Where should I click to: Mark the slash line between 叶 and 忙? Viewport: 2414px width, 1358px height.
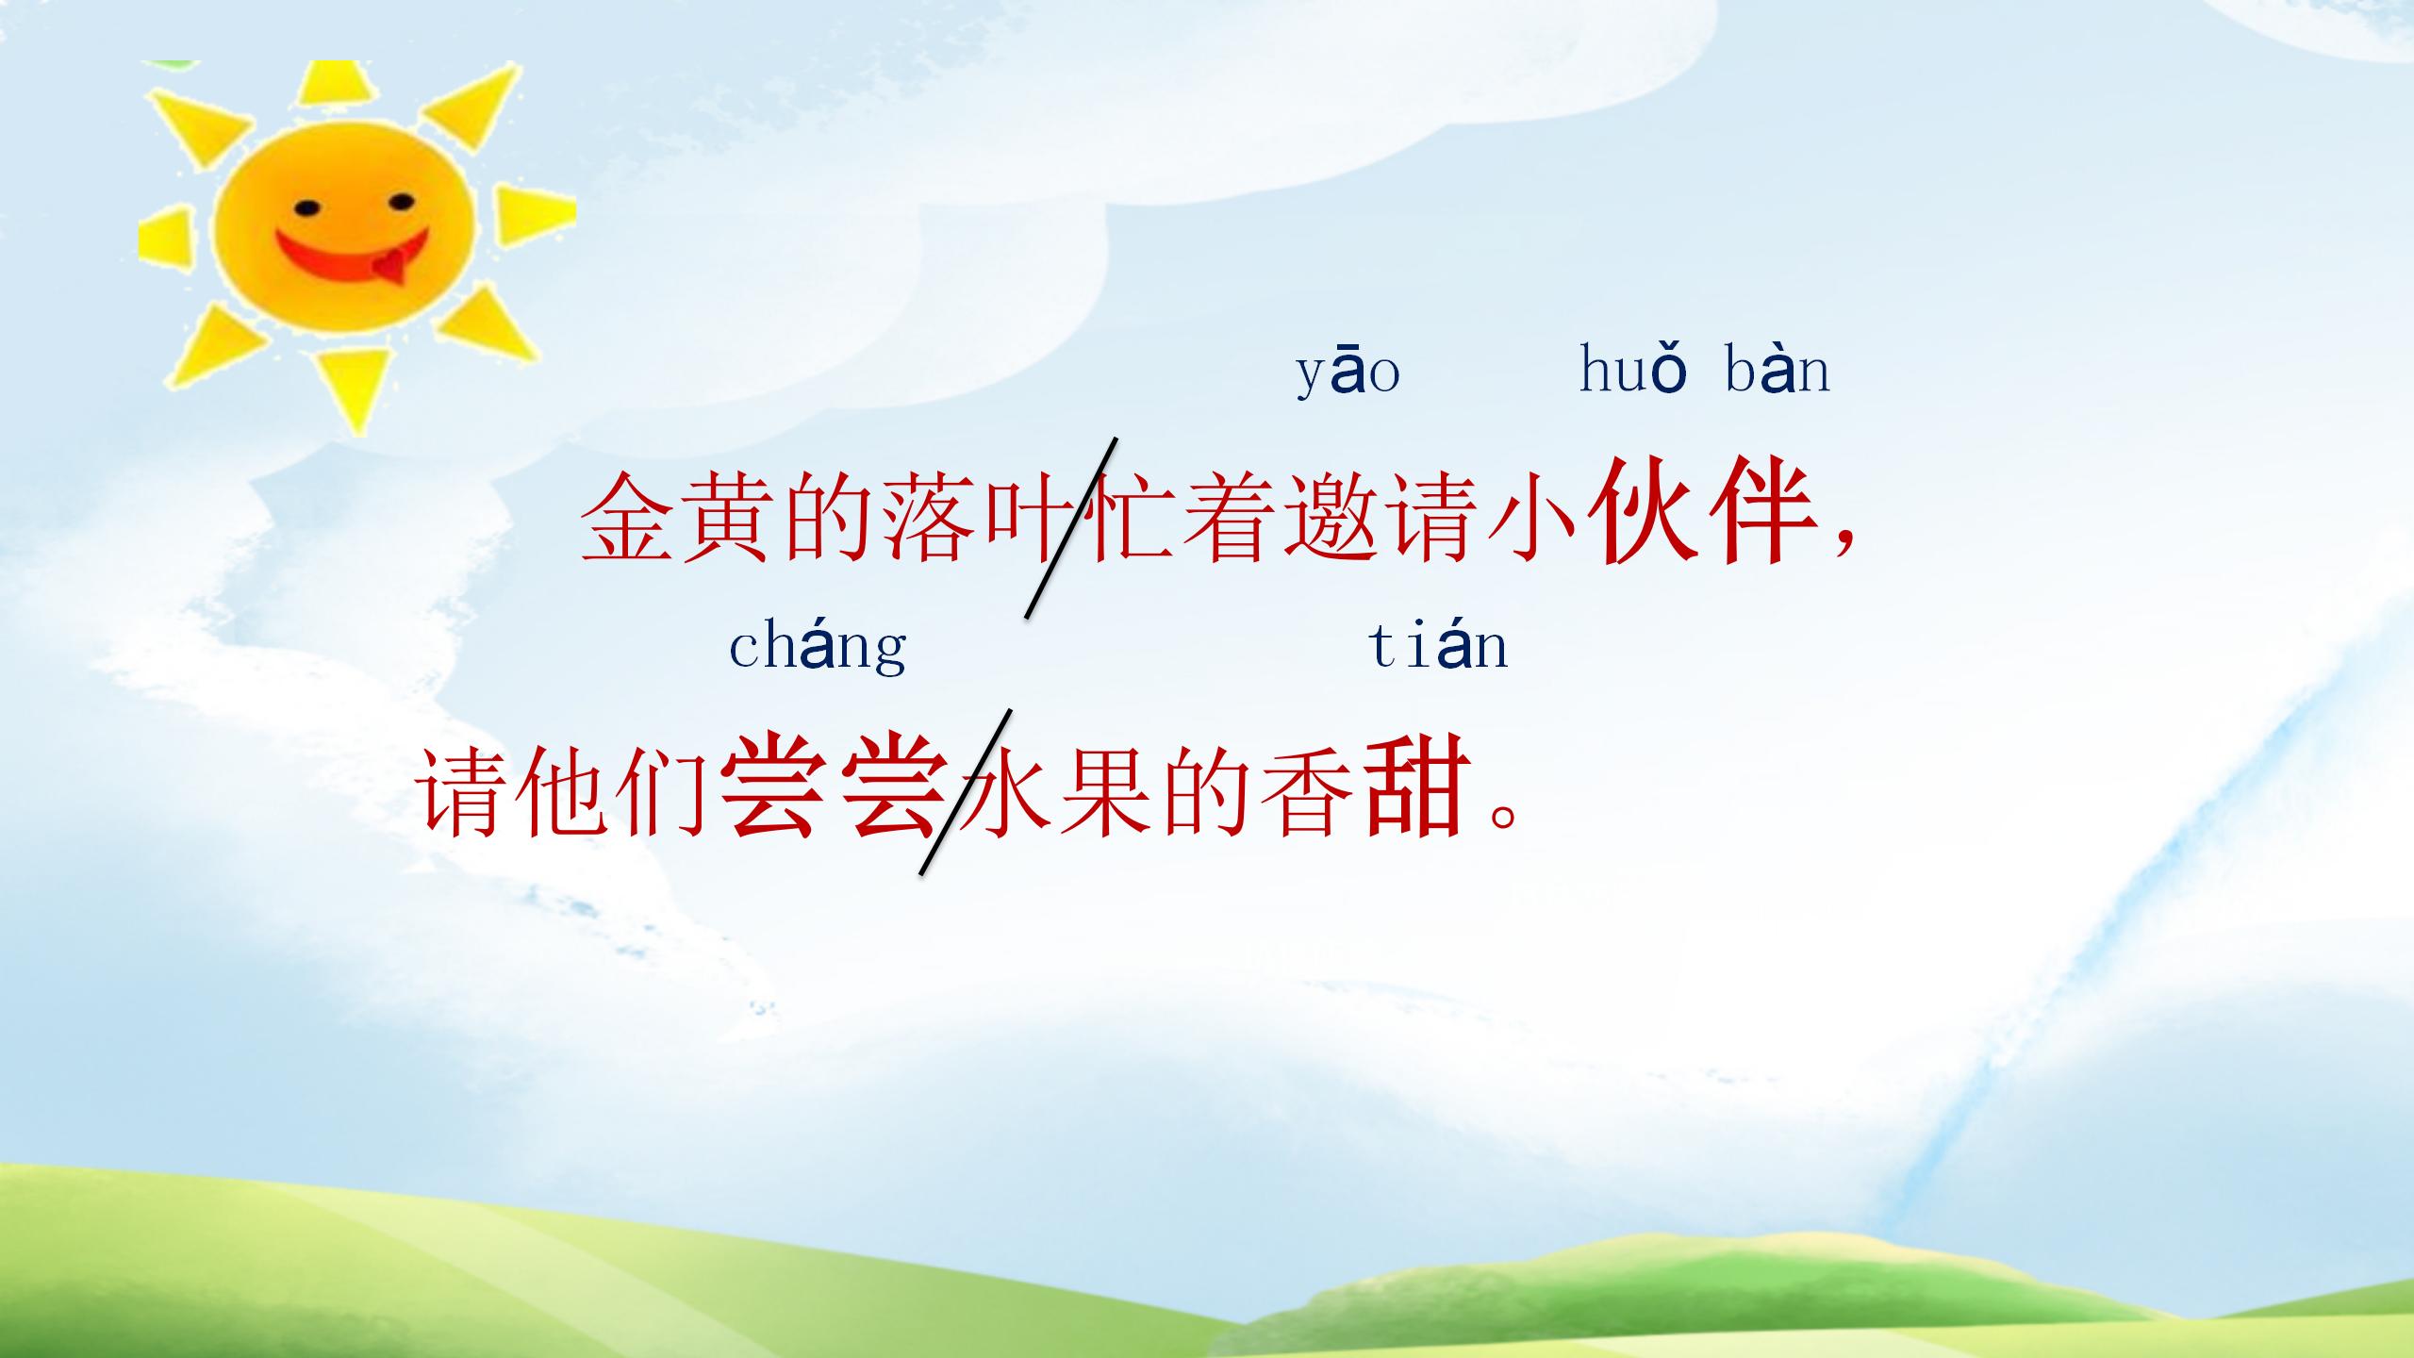(x=1070, y=528)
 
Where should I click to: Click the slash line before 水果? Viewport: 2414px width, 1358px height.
(x=965, y=792)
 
